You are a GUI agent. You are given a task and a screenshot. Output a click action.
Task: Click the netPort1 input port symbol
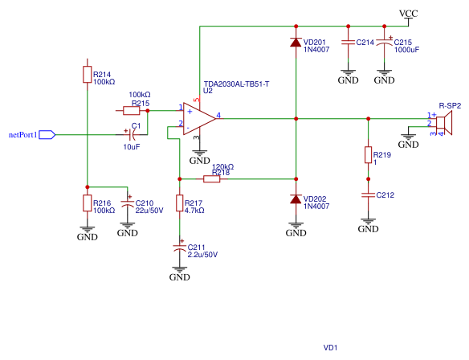click(47, 135)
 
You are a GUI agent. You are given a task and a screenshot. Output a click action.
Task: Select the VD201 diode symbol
click(296, 43)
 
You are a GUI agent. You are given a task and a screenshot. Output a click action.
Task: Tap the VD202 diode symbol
click(296, 198)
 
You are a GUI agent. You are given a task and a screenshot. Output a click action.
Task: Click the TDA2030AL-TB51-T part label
click(236, 84)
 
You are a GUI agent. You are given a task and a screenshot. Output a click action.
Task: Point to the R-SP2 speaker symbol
click(444, 123)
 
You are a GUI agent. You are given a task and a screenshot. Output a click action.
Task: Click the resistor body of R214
click(87, 75)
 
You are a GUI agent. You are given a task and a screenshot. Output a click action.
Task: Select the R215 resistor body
click(132, 111)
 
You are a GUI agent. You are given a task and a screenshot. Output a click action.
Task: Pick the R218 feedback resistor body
click(211, 179)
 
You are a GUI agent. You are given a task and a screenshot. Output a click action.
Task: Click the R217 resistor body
click(179, 203)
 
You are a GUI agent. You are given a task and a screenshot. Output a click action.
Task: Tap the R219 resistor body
click(368, 155)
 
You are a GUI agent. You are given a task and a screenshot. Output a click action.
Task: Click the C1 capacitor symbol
click(132, 135)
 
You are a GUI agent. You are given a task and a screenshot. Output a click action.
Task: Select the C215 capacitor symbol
click(385, 43)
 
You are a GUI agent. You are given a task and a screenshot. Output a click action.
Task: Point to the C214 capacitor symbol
click(349, 43)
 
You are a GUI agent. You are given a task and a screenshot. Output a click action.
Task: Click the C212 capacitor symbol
click(368, 195)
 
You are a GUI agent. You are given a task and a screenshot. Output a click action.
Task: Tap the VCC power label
click(408, 14)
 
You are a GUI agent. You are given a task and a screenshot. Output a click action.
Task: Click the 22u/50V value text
click(149, 211)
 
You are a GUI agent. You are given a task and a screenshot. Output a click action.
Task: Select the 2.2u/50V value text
click(202, 255)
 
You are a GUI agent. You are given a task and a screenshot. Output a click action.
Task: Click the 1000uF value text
click(406, 50)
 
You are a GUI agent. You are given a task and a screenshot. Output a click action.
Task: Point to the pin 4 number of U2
click(218, 115)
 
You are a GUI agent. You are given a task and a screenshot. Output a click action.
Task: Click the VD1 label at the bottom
click(331, 347)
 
